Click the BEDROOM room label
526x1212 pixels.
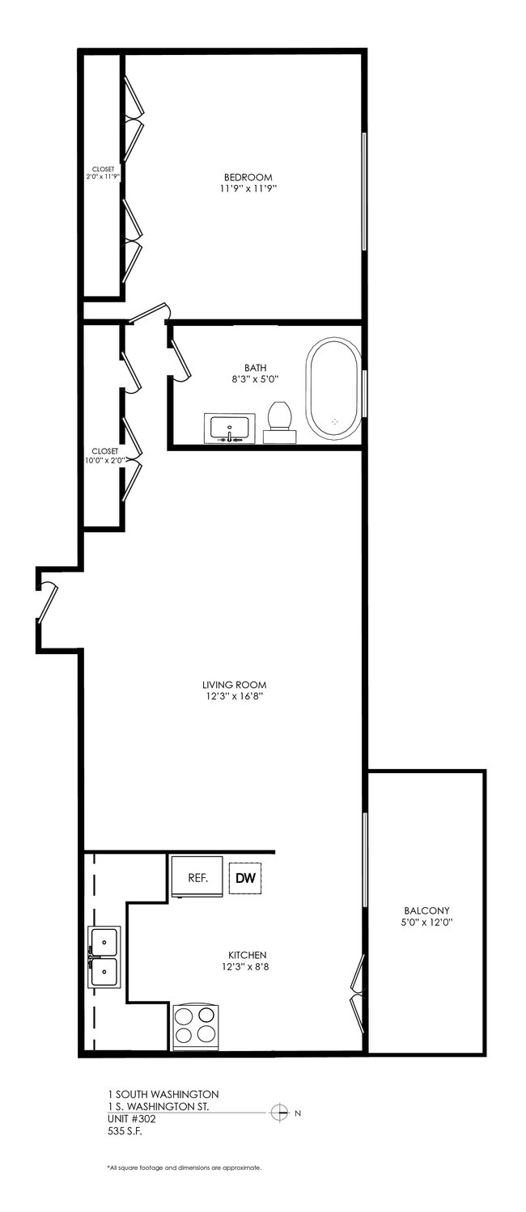click(248, 178)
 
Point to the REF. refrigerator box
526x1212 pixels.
click(197, 876)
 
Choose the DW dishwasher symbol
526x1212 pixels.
click(245, 877)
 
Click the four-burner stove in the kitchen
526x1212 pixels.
click(196, 1027)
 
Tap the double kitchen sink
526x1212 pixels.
click(104, 957)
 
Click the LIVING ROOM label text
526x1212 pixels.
click(235, 683)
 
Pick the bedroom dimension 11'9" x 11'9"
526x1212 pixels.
click(248, 189)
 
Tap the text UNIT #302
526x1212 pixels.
click(131, 1119)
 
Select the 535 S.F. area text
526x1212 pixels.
click(125, 1131)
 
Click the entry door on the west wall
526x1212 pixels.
click(47, 602)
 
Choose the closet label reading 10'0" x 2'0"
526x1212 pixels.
click(104, 460)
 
